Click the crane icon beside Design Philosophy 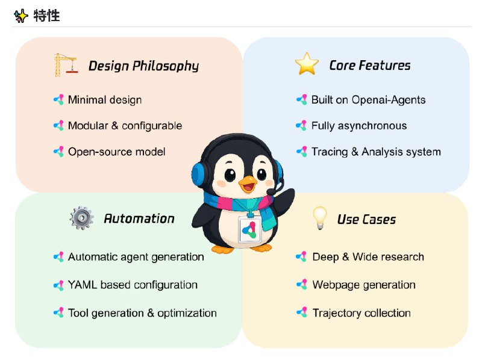tap(65, 65)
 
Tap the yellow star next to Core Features tap(307, 64)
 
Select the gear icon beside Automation tap(81, 218)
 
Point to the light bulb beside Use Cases tap(319, 218)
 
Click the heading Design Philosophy tap(143, 66)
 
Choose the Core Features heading tap(369, 65)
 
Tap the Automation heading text tap(139, 219)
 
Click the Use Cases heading tap(366, 219)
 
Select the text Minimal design tap(105, 99)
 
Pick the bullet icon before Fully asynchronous tap(301, 126)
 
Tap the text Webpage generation tap(364, 285)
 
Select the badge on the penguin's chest tap(250, 229)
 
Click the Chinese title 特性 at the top tap(46, 16)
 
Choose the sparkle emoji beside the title tap(21, 16)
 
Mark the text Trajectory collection tap(361, 313)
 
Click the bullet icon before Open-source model tap(58, 152)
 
